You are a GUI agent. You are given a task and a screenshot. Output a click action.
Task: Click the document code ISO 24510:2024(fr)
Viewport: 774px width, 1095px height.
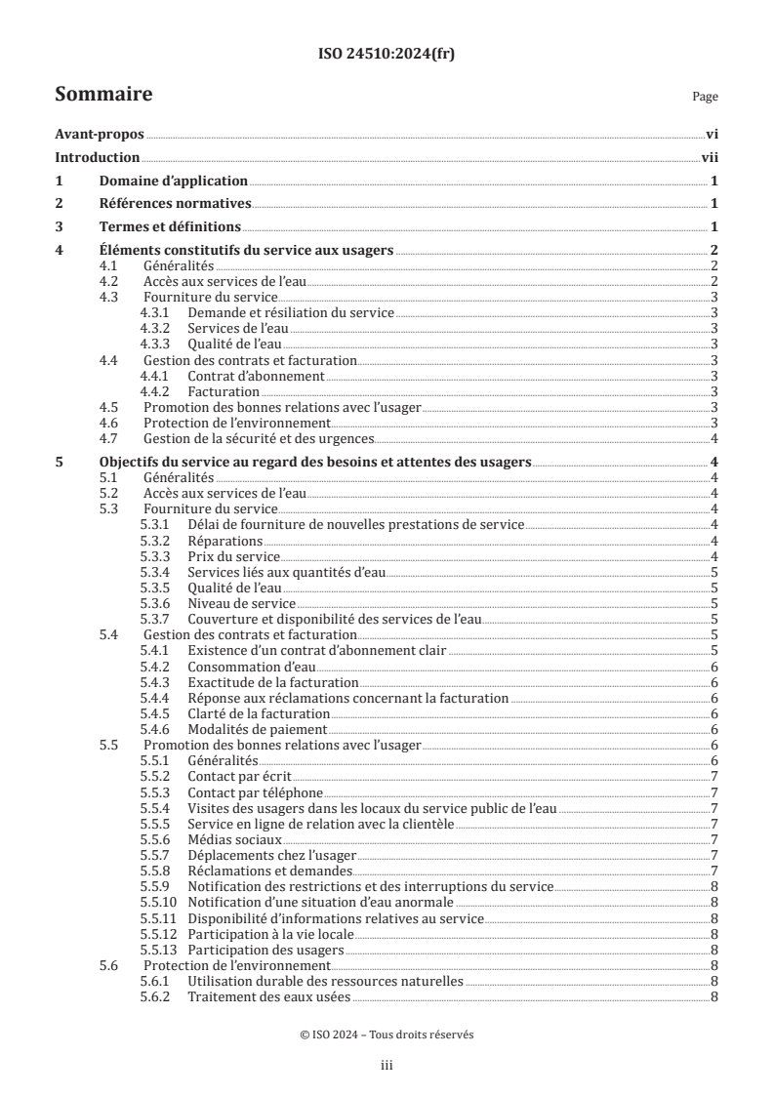coord(387,55)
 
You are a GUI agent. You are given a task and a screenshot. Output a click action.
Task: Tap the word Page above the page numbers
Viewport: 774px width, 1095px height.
coord(705,97)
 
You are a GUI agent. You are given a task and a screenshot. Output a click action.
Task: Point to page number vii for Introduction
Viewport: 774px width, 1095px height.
coord(710,158)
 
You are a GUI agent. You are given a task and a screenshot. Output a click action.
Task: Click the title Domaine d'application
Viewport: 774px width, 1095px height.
coord(174,182)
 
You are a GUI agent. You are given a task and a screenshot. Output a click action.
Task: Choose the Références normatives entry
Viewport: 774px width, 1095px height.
coord(176,204)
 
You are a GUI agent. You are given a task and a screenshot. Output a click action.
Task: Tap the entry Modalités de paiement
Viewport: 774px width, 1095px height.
coord(257,728)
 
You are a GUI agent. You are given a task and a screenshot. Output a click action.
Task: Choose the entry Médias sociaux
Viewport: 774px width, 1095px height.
coord(234,838)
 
